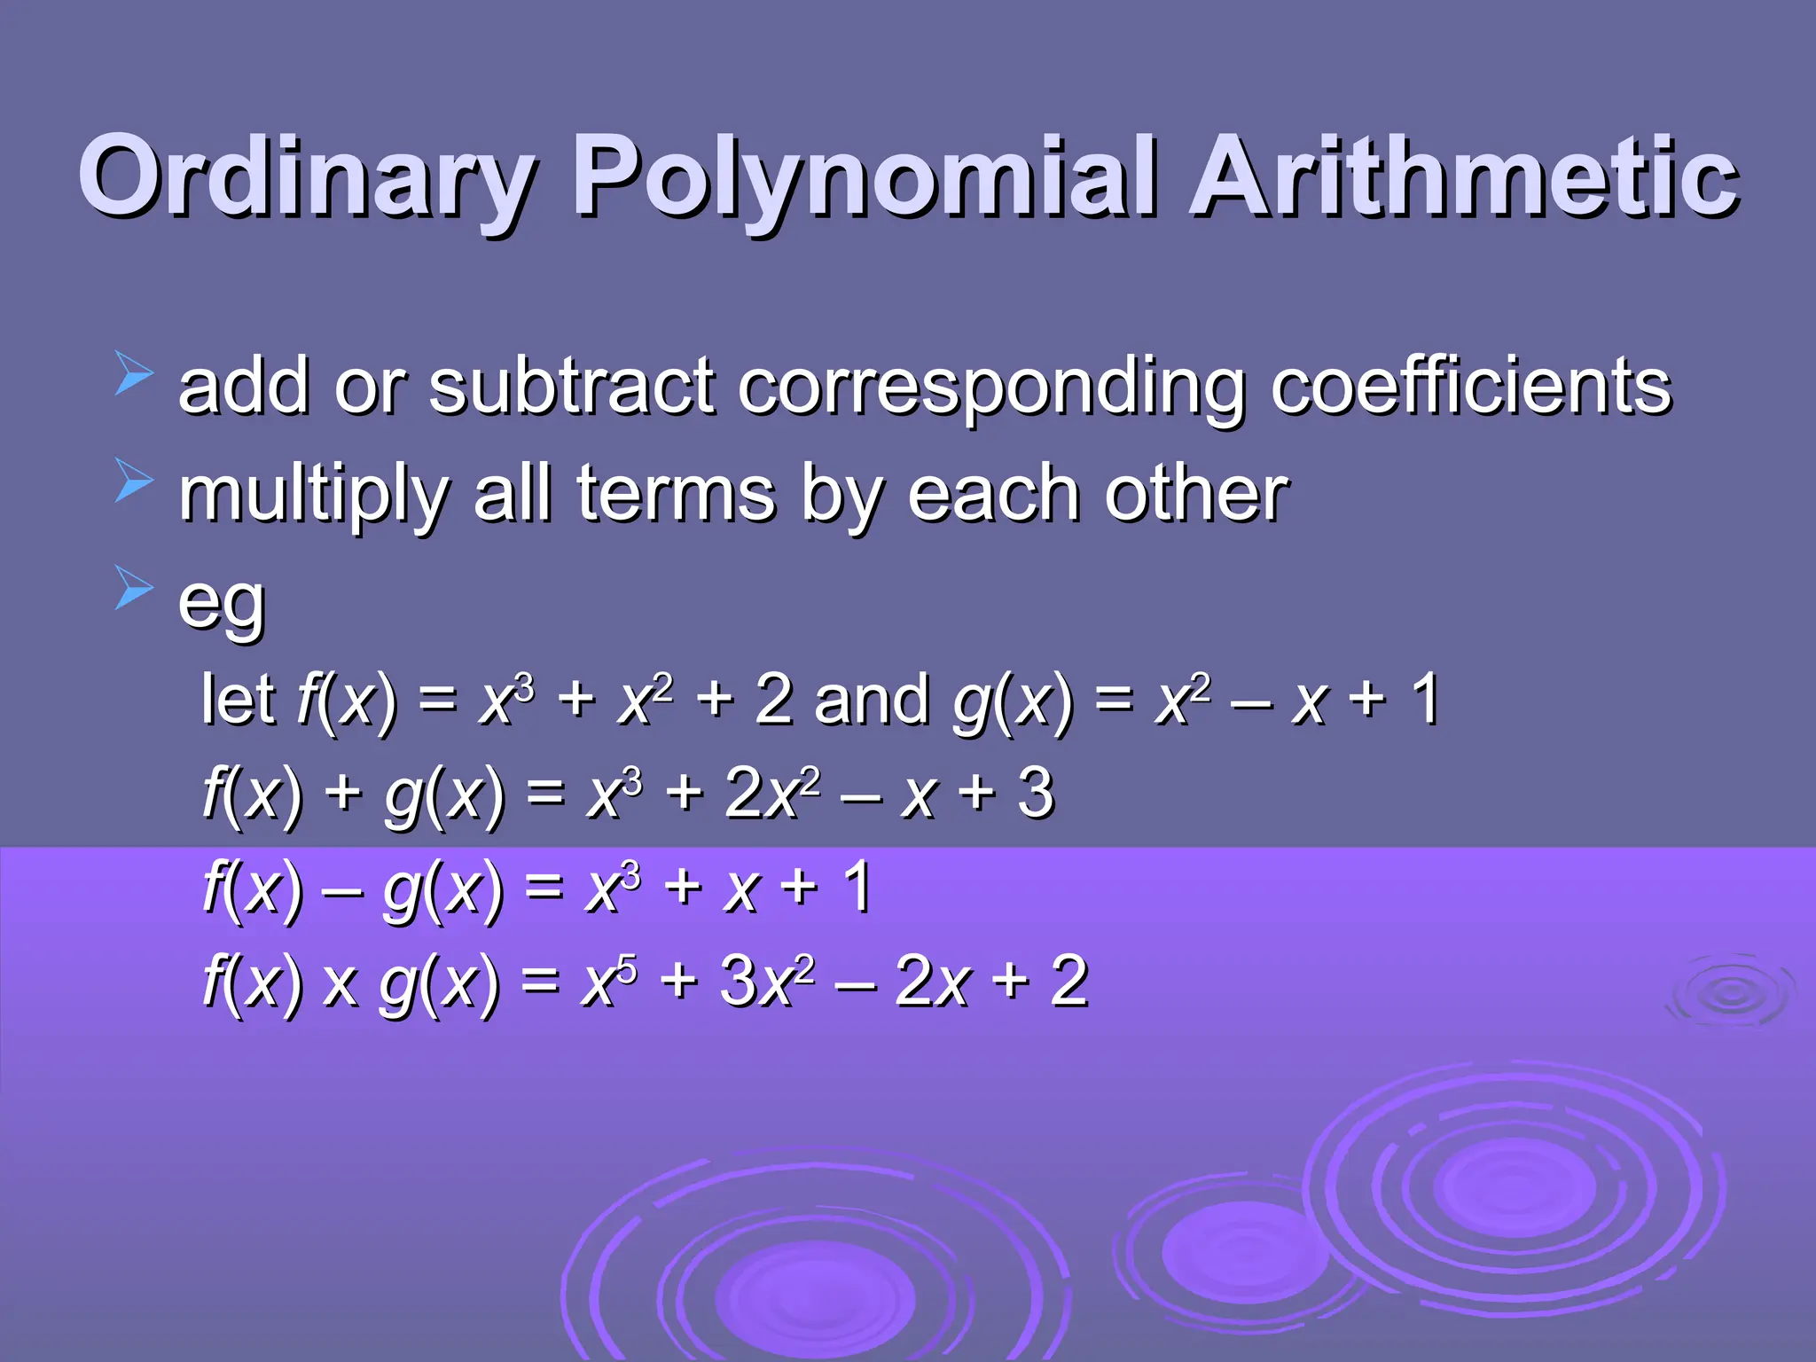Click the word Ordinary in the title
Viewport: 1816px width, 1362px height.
point(306,177)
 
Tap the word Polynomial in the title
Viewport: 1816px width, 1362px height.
point(865,177)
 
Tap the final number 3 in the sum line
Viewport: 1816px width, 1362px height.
point(1036,793)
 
